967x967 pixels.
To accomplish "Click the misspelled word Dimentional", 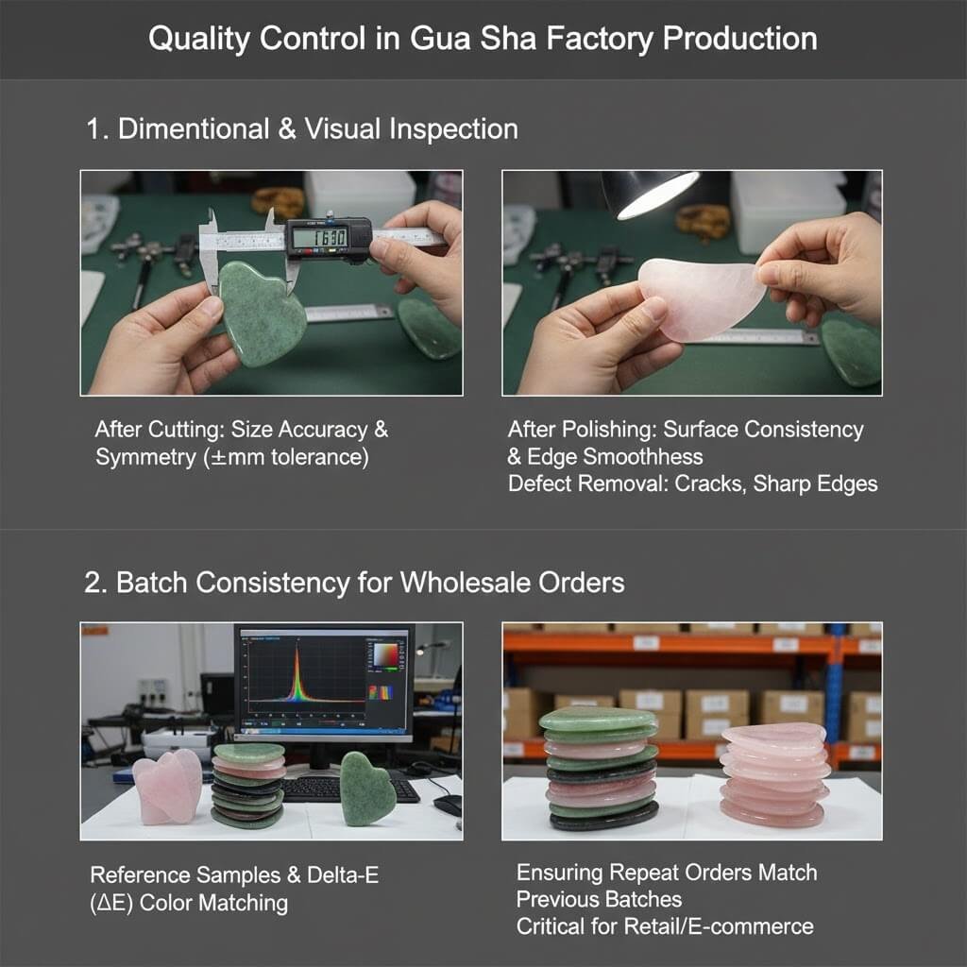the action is [x=194, y=129].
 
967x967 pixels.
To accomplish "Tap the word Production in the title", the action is [x=740, y=38].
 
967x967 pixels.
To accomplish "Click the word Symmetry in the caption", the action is [x=145, y=458].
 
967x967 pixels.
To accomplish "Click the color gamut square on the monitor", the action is [x=386, y=654].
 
